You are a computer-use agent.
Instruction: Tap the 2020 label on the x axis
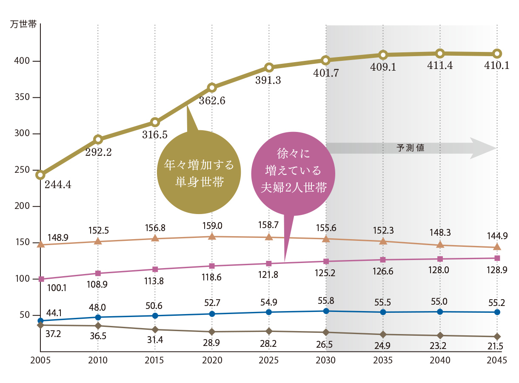pos(212,360)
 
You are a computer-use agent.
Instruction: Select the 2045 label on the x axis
pos(496,360)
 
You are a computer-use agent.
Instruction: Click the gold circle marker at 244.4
pos(40,175)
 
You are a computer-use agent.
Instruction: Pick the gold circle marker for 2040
pos(440,53)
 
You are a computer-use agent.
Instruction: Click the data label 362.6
pos(212,101)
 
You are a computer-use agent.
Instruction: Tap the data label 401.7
pos(325,73)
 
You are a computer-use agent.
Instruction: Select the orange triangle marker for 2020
pos(212,236)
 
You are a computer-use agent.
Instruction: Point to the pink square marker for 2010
pos(98,273)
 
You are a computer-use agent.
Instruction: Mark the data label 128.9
pos(496,270)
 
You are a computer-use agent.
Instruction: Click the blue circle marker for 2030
pos(326,311)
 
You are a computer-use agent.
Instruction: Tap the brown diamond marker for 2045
pos(497,337)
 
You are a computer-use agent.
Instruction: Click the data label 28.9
pos(212,343)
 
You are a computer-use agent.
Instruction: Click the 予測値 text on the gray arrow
pos(411,148)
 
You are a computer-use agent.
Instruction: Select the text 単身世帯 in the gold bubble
pos(200,182)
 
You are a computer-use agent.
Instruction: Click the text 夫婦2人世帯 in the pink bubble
pos(293,187)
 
